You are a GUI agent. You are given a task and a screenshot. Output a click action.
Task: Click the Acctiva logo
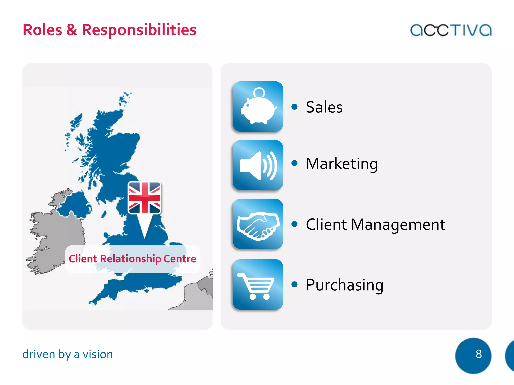[x=451, y=30]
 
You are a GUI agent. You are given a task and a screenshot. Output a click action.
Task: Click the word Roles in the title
[x=42, y=30]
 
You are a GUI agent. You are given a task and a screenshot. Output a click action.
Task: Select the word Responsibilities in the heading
[x=139, y=30]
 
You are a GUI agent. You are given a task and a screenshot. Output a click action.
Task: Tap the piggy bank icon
[x=258, y=107]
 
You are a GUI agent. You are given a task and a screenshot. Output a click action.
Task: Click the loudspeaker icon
[x=258, y=165]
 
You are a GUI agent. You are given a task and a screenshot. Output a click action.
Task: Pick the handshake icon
[x=258, y=224]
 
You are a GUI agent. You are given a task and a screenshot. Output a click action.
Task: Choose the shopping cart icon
[x=258, y=284]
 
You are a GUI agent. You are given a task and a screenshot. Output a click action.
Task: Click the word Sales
[x=324, y=107]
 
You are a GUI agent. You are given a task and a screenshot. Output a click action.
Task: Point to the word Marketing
[x=342, y=164]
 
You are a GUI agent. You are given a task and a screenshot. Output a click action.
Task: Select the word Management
[x=398, y=224]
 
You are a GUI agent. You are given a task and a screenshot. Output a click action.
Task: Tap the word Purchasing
[x=345, y=285]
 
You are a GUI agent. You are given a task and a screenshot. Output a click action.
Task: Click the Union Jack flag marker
[x=145, y=198]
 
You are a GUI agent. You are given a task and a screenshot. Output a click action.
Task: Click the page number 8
[x=478, y=354]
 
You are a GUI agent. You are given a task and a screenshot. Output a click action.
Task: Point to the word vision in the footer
[x=98, y=354]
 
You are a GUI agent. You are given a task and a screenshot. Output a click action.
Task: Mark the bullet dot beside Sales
[x=294, y=107]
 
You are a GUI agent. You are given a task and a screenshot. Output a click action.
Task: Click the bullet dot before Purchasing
[x=294, y=284]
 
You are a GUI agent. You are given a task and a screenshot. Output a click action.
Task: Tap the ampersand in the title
[x=72, y=30]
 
